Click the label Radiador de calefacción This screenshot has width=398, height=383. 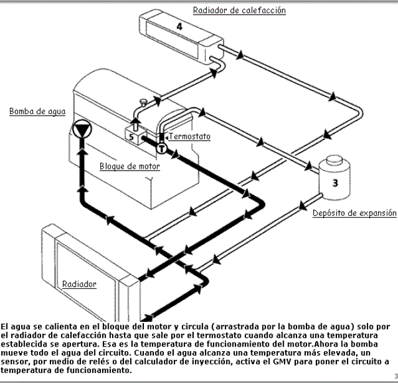pos(239,10)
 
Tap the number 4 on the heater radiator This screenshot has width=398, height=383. pos(179,26)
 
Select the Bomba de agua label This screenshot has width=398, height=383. pos(37,112)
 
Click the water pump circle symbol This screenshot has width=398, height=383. pos(82,129)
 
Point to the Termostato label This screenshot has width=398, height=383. pos(190,137)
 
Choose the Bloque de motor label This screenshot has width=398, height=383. pos(129,166)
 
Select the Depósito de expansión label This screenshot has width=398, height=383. pos(354,214)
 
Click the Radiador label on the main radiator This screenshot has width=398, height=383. pos(79,284)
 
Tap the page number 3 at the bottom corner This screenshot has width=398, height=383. pos(393,376)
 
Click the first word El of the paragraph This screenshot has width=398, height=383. pos(5,327)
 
